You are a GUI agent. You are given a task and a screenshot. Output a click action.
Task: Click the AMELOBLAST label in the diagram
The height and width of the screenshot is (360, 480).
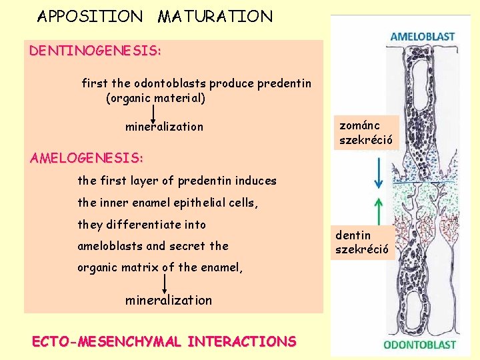click(422, 37)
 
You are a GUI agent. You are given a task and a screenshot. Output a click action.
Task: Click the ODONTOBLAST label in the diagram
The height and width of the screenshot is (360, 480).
click(419, 345)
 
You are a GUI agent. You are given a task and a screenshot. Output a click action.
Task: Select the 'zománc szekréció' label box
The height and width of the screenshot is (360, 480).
click(366, 133)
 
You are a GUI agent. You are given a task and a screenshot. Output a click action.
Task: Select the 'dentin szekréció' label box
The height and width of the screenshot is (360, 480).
click(365, 243)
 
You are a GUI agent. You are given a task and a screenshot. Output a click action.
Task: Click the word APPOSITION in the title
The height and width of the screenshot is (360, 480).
click(90, 17)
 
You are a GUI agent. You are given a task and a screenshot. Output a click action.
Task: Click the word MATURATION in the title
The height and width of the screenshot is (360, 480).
click(215, 17)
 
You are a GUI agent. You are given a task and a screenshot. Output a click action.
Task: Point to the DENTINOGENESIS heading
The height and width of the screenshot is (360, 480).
click(95, 51)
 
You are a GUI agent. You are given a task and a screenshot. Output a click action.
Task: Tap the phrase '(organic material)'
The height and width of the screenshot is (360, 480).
click(155, 99)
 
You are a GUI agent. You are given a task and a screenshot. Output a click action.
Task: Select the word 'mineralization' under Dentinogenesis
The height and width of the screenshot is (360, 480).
click(164, 127)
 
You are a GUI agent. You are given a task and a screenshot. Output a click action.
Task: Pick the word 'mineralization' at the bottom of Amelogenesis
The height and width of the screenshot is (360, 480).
click(169, 300)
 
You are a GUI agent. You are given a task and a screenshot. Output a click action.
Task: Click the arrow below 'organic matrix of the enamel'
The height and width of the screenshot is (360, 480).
click(164, 283)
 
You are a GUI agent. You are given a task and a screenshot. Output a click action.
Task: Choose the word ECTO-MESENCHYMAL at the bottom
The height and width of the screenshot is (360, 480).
click(107, 342)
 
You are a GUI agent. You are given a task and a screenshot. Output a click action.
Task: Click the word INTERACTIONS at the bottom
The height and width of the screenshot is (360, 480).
click(242, 342)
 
